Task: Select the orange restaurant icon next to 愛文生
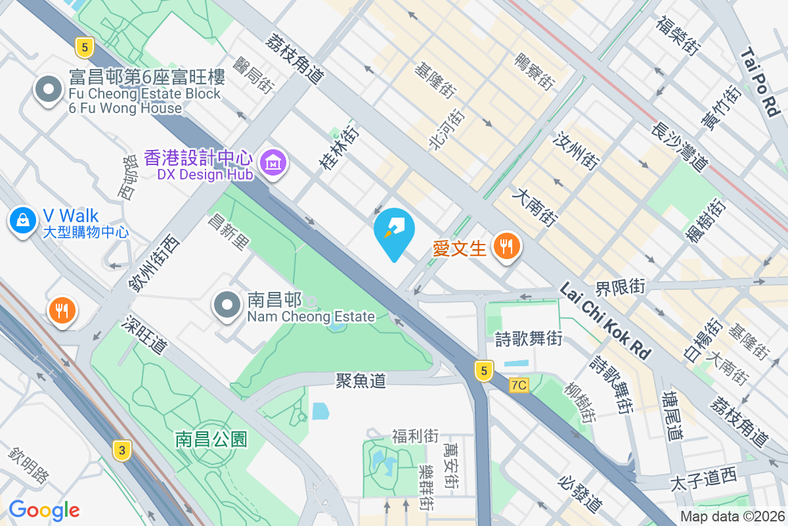[506, 247]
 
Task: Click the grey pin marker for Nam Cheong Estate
[227, 304]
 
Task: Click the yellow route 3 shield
[121, 450]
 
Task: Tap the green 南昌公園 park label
[211, 439]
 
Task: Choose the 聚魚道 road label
[361, 381]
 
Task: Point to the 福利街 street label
[415, 436]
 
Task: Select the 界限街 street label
[620, 287]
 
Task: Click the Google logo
[44, 510]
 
